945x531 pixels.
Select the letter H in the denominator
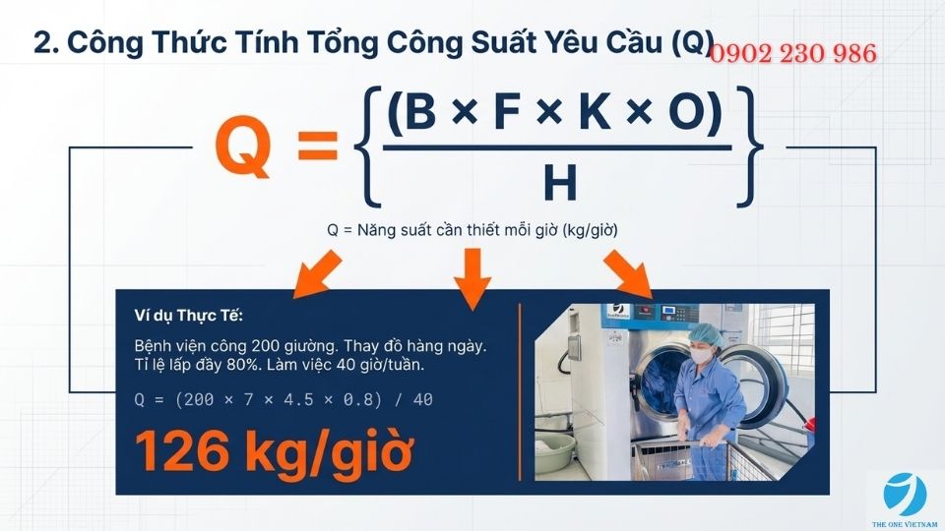coord(558,184)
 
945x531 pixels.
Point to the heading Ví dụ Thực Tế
coord(188,316)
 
